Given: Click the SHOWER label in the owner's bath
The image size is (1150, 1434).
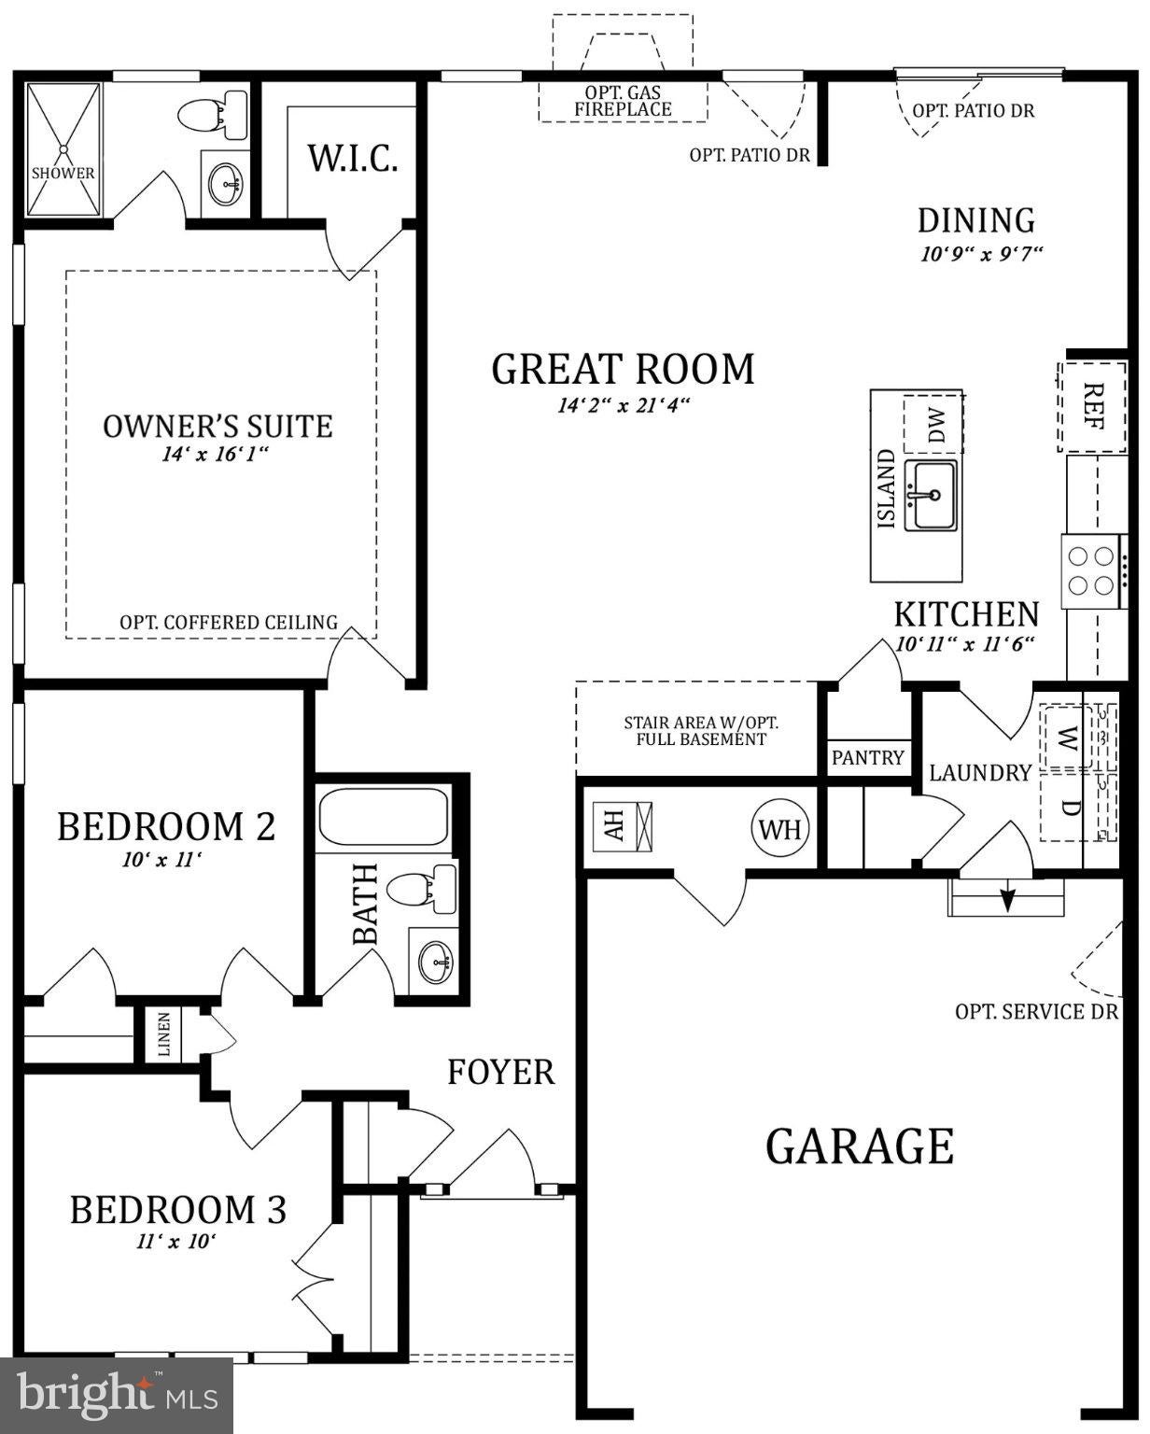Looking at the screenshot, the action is pos(63,174).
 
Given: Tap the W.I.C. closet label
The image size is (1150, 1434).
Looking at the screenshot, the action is pos(353,159).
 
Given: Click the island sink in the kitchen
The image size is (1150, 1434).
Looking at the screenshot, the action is pos(930,495).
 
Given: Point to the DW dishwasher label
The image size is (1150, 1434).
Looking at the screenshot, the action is pos(936,426).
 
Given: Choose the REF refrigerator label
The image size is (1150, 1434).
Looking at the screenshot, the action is pos(1093,406).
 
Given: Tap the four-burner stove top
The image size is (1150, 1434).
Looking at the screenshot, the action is pos(1091,570).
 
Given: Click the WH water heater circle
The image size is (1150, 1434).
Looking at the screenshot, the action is pos(780,830).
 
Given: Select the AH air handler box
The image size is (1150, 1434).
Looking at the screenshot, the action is pos(623,825).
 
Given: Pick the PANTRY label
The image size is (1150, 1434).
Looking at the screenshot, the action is pos(867,758).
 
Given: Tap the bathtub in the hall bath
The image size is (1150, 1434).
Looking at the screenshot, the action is pos(383,817).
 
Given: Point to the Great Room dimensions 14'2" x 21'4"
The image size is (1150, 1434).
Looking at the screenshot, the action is pos(623,405).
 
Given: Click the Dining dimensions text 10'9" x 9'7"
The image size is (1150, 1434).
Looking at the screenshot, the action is pos(981,254).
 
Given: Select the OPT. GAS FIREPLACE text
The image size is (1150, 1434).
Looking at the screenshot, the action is pos(623,101).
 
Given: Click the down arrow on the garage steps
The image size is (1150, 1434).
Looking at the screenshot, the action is pos(1007,897).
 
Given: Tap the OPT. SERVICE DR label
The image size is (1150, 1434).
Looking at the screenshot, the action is pos(1036,1012).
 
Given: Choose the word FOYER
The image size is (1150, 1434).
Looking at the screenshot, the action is pos(500,1072).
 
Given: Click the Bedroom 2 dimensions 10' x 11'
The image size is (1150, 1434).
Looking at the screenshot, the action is pos(161,860).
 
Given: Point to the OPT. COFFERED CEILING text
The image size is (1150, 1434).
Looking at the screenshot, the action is pos(229,623).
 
